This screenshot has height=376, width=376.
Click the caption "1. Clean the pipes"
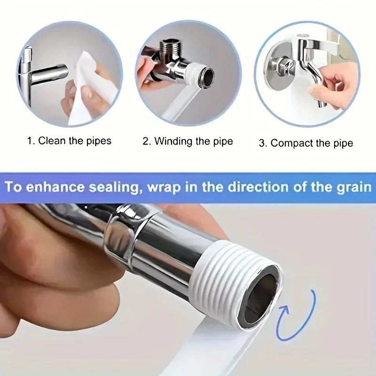tap(69, 141)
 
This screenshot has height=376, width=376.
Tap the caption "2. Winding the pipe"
tap(188, 141)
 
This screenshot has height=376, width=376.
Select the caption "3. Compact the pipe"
tap(305, 143)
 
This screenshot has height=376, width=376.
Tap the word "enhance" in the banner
tap(61, 187)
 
